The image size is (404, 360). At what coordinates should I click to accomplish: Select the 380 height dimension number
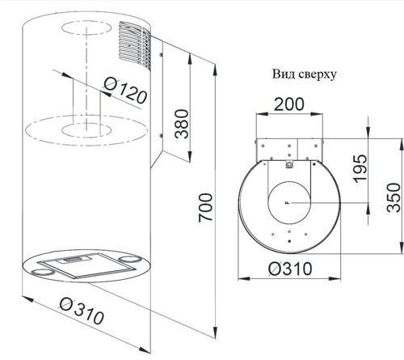pyautogui.click(x=181, y=124)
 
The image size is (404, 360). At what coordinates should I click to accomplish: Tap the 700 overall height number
pyautogui.click(x=205, y=207)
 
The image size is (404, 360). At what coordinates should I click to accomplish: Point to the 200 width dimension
pyautogui.click(x=289, y=104)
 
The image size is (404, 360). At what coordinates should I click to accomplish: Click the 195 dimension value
pyautogui.click(x=360, y=168)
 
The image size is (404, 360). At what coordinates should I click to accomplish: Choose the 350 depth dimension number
pyautogui.click(x=393, y=197)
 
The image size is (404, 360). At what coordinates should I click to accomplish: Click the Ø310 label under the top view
pyautogui.click(x=290, y=269)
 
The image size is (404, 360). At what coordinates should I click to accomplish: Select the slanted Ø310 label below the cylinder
pyautogui.click(x=82, y=311)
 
